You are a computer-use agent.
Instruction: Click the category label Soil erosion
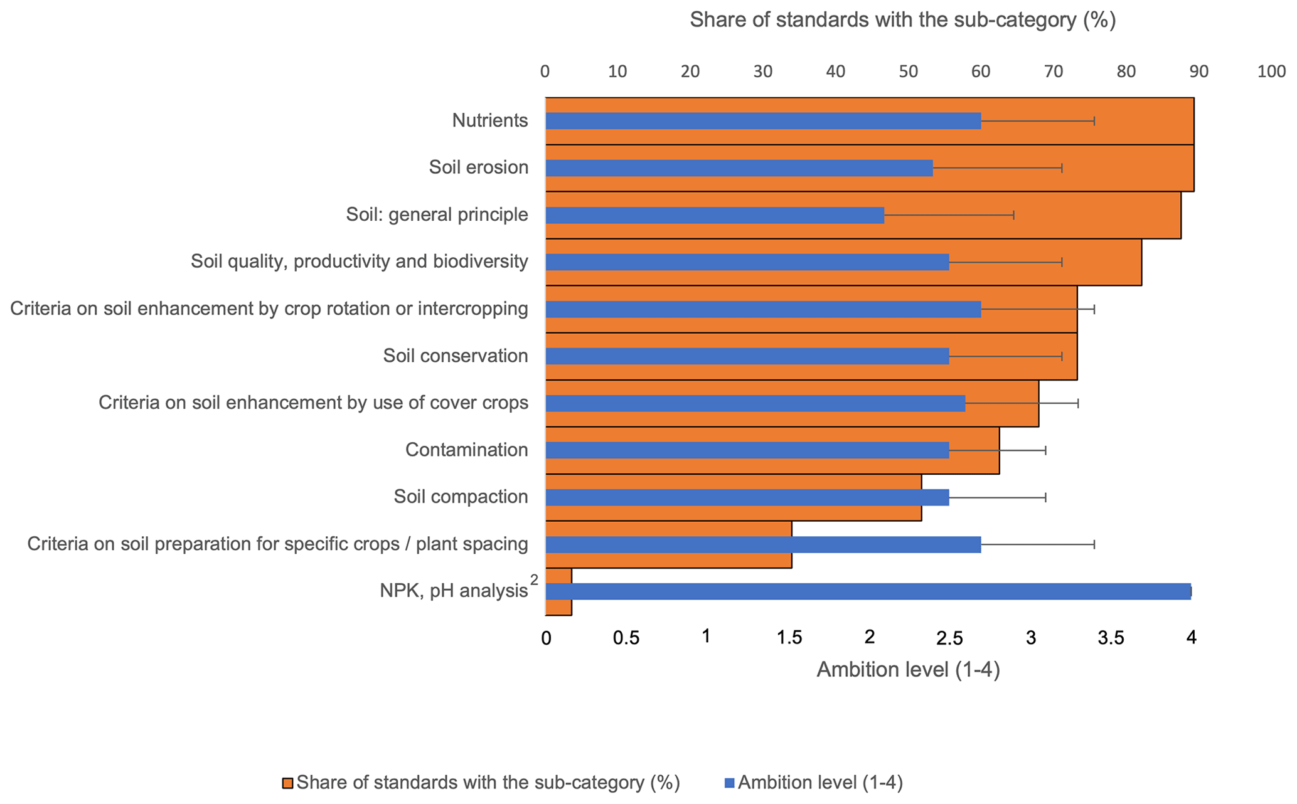point(478,167)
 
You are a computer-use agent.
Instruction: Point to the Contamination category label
point(466,450)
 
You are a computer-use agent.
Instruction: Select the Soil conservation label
point(456,356)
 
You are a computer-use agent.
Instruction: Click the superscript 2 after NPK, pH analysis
point(534,580)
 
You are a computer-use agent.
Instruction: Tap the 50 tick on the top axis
point(908,71)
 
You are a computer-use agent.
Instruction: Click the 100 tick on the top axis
point(1271,71)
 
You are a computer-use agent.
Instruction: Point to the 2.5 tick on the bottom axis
point(949,638)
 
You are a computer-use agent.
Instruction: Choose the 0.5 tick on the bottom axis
point(626,638)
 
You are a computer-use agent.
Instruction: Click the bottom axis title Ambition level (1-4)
point(907,670)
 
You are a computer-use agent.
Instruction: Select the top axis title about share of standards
point(902,20)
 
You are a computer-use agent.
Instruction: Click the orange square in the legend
point(287,783)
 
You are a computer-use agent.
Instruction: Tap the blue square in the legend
point(729,783)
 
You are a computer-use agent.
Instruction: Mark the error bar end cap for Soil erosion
point(1062,168)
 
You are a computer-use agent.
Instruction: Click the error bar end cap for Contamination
point(1045,450)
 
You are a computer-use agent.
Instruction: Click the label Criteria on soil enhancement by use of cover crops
point(313,403)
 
